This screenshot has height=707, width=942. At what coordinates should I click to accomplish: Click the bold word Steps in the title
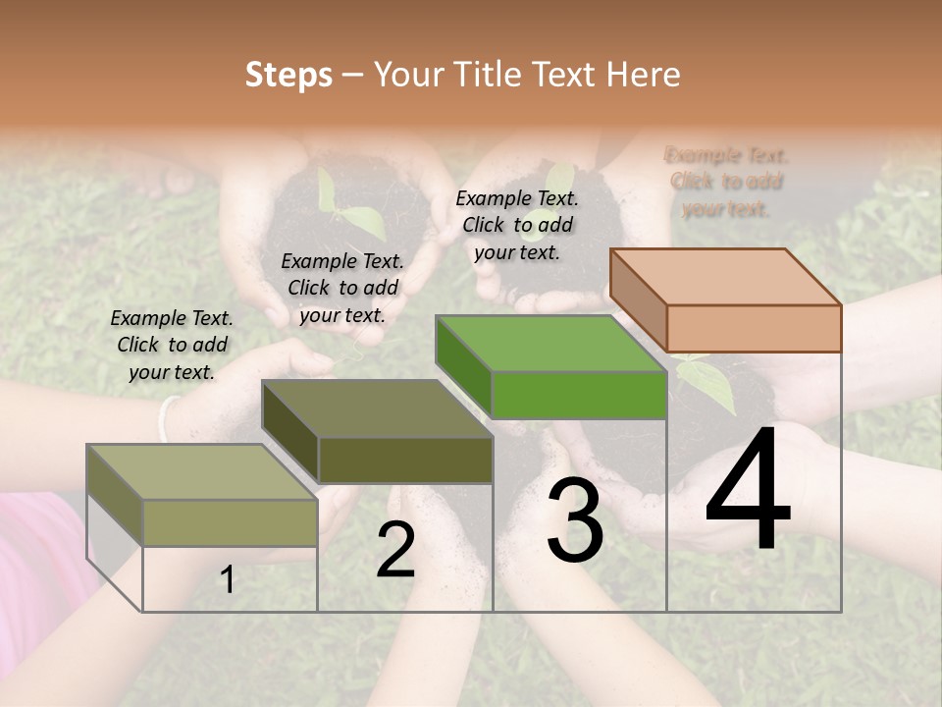[288, 75]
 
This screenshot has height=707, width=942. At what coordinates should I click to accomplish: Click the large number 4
[748, 491]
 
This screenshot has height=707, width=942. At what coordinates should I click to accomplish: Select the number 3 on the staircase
[575, 520]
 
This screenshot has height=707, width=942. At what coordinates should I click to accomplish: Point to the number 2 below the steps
[395, 550]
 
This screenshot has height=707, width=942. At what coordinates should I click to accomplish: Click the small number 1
[228, 580]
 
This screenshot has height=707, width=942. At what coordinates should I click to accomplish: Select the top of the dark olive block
[378, 408]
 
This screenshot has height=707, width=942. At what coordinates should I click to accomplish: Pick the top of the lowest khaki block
[202, 471]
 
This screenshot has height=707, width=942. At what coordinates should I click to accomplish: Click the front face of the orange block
[754, 328]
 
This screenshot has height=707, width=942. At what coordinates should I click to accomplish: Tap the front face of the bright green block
[579, 395]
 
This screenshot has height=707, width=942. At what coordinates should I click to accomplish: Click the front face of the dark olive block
[405, 460]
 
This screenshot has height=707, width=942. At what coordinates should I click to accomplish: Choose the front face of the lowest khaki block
[230, 522]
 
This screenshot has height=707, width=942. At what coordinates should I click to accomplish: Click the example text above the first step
[172, 345]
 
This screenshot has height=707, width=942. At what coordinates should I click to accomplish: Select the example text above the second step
[342, 288]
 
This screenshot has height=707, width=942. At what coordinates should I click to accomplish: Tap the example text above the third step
[517, 225]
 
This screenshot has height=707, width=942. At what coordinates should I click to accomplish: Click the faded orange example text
[726, 182]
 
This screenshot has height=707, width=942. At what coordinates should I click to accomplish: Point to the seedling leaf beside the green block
[712, 385]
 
